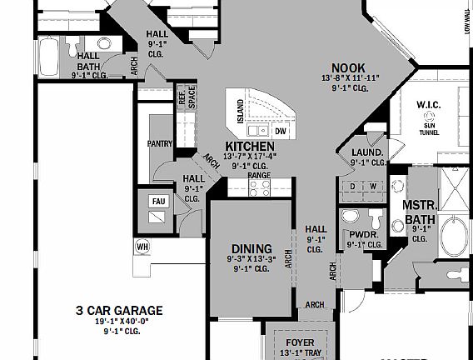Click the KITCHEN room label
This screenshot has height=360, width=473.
point(250,146)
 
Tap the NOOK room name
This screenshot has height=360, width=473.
point(349,67)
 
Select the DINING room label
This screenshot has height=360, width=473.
point(251,248)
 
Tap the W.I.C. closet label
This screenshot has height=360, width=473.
point(431,104)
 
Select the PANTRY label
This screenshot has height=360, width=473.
point(160,143)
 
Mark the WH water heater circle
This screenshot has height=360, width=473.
point(142,247)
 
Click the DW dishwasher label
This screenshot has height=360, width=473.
point(281,131)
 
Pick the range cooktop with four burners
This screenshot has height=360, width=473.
point(258,187)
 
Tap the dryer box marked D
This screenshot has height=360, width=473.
point(353,186)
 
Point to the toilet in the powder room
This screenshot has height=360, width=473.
point(376,218)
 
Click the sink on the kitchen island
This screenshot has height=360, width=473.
point(262,130)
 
